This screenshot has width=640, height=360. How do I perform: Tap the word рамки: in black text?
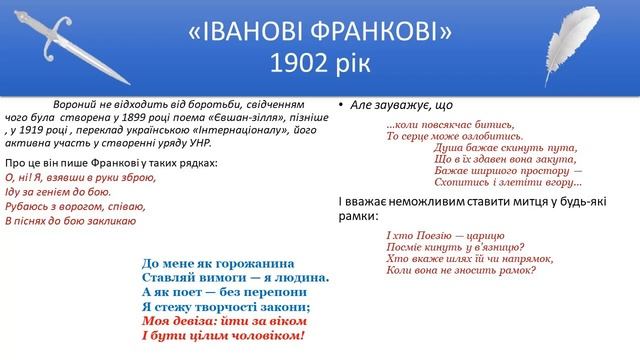click(x=357, y=214)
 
